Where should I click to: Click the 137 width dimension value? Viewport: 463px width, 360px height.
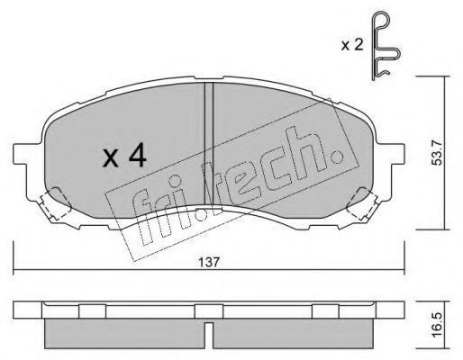tap(209, 262)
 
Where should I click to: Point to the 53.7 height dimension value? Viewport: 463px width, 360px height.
tap(437, 153)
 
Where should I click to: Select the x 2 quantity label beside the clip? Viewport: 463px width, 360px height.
tap(352, 45)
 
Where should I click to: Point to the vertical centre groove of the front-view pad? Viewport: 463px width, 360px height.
tap(209, 143)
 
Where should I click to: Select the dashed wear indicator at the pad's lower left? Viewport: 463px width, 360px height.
tap(55, 204)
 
